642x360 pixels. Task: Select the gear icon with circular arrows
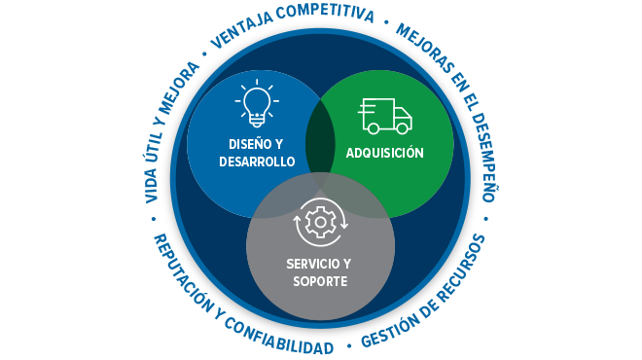pyautogui.click(x=320, y=223)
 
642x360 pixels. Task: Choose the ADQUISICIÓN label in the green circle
pyautogui.click(x=385, y=153)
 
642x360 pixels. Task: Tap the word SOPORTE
pyautogui.click(x=320, y=281)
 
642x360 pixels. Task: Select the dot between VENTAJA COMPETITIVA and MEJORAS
pyautogui.click(x=386, y=19)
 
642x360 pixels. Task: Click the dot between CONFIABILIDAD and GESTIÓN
pyautogui.click(x=347, y=345)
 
